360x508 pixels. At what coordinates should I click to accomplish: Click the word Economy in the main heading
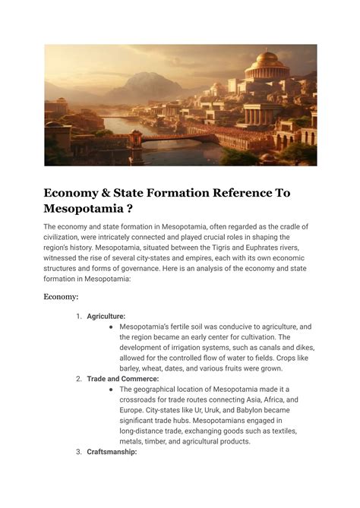(77, 193)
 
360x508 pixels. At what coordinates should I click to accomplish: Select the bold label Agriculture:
(106, 316)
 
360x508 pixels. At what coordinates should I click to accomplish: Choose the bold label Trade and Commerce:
(123, 378)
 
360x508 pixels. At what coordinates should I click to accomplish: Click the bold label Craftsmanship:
(112, 451)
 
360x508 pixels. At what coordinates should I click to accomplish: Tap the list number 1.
(79, 316)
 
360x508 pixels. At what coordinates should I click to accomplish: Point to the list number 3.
(78, 451)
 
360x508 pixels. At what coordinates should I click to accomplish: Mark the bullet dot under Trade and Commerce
(111, 389)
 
